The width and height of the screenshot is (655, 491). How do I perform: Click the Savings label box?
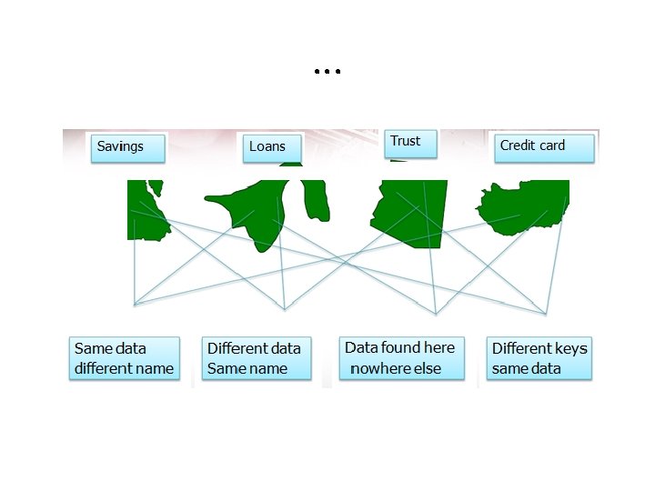pos(128,147)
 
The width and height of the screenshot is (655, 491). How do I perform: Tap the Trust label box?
pos(410,143)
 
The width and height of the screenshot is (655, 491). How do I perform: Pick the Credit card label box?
pos(543,147)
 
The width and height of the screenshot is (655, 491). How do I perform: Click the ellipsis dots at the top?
pos(327,71)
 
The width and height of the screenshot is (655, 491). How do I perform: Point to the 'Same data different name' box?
pos(124,358)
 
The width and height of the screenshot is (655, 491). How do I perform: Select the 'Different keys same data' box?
pos(539,358)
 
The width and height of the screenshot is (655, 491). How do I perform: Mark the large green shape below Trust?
pos(414,214)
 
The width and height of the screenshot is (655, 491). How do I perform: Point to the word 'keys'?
pos(569,348)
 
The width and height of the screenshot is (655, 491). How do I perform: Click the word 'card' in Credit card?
pos(551,145)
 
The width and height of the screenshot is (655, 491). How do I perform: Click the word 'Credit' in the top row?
pos(517,145)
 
